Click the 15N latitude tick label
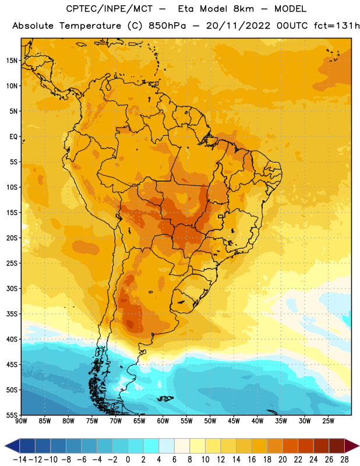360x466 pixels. pos(12,61)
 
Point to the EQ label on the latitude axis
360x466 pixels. pos(13,137)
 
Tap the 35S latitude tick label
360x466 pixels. pos(12,314)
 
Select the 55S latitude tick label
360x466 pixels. pos(12,415)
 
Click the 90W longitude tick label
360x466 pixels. pos(21,421)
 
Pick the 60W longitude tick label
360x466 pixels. pos(163,421)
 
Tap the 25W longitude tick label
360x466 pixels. pos(328,421)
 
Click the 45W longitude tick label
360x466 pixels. pos(234,421)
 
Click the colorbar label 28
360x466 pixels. pos(344,460)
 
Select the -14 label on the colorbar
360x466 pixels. pos(20,460)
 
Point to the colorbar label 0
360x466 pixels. pos(128,460)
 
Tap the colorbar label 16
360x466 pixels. pos(252,460)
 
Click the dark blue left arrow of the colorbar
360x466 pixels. pos(12,446)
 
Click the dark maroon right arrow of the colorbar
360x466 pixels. pos(352,446)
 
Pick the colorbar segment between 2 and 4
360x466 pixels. pos(151,446)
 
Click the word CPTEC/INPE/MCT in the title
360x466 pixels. pos(109,9)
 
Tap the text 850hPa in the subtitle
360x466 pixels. pos(167,26)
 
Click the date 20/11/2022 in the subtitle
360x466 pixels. pos(238,26)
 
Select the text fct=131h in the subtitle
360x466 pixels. pos(337,26)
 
